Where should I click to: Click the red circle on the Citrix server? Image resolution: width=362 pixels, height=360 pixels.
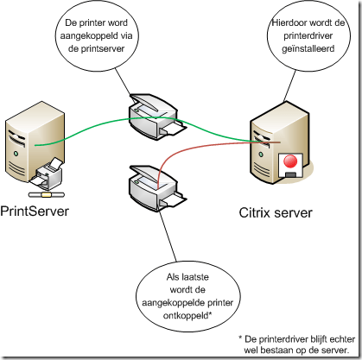coord(289,161)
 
